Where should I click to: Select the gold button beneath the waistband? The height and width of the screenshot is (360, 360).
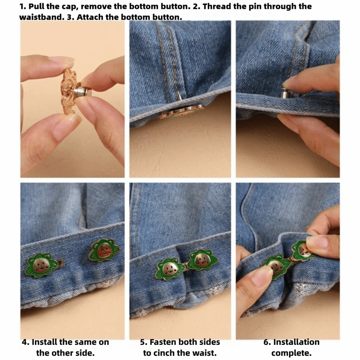click(182, 112)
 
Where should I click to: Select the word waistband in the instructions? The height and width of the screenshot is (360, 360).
click(42, 17)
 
